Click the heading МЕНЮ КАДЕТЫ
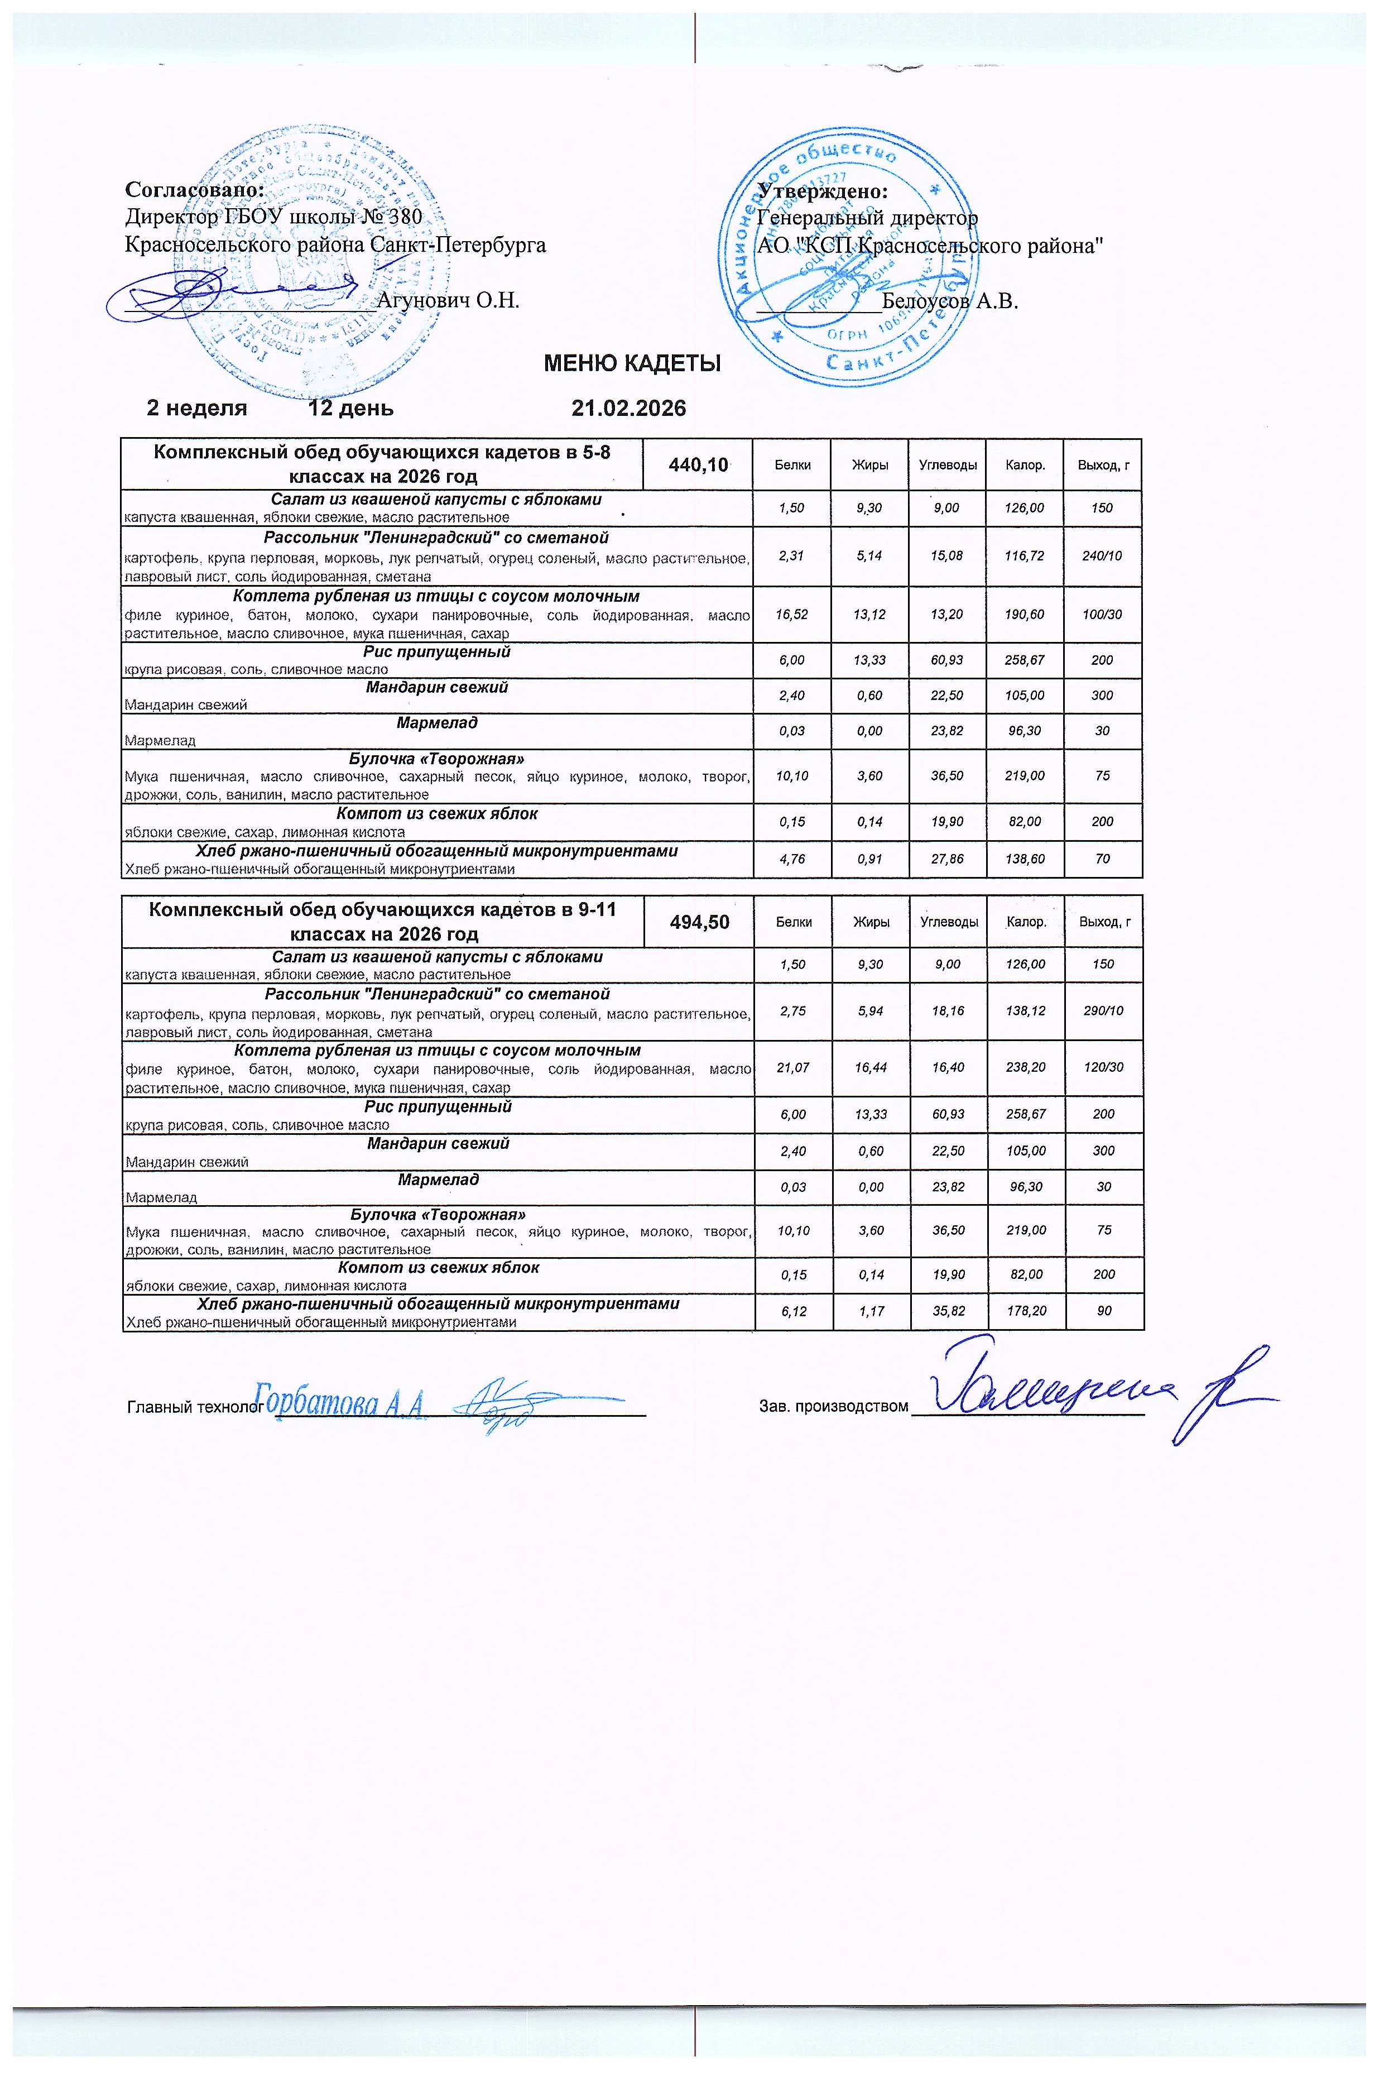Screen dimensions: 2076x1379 [632, 363]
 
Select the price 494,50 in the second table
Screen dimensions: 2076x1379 [699, 921]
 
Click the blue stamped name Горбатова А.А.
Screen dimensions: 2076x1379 [340, 1401]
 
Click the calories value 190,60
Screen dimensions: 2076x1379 [1025, 614]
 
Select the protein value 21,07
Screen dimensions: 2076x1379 [792, 1067]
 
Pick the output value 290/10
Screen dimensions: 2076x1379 [1103, 1011]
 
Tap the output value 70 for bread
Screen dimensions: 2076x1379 [1102, 859]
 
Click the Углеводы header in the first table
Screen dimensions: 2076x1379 [947, 464]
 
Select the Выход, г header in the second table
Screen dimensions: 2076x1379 [1104, 922]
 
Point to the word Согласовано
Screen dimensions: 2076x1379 [194, 189]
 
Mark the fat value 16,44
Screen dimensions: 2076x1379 [871, 1067]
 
